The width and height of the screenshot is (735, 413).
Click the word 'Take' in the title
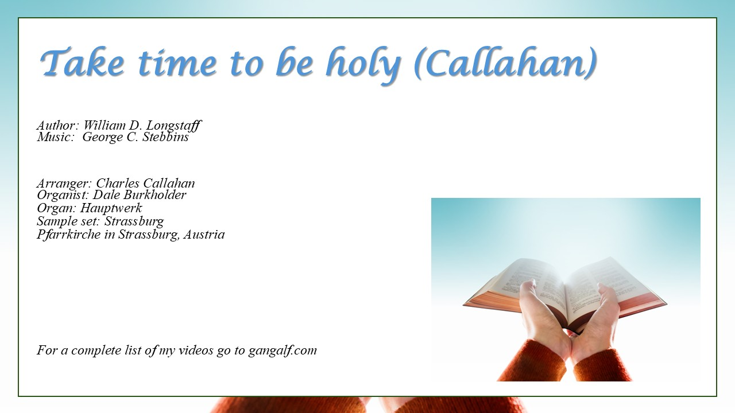[82, 62]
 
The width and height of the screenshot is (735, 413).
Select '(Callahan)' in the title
[505, 63]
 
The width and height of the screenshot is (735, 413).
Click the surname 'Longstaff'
[174, 126]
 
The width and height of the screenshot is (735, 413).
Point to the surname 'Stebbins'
[166, 137]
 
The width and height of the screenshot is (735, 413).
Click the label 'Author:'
[58, 125]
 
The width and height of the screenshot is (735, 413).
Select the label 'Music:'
[56, 137]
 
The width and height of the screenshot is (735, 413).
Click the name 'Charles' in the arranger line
[118, 183]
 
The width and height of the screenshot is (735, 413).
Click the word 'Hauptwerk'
[111, 208]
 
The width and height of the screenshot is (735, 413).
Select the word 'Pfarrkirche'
[68, 235]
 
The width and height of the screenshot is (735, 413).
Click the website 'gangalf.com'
[283, 350]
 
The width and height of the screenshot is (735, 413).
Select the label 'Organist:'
[63, 196]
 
